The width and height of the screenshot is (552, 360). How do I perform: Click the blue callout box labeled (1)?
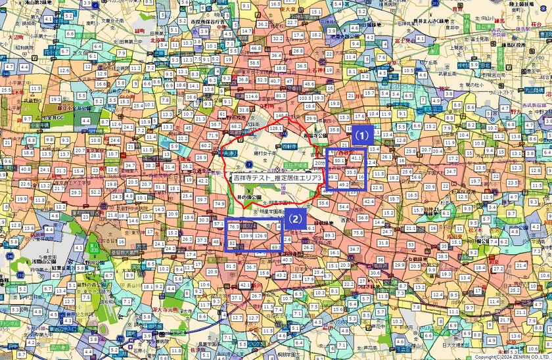click(x=361, y=135)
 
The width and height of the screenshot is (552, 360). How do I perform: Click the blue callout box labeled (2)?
click(x=295, y=219)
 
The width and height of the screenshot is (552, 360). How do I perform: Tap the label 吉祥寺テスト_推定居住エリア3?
click(x=277, y=178)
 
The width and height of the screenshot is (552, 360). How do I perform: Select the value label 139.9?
click(x=247, y=235)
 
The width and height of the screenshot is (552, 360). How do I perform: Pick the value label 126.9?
click(x=262, y=236)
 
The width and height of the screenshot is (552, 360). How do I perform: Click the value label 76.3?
click(x=234, y=227)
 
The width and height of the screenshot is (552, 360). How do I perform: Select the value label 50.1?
click(x=338, y=160)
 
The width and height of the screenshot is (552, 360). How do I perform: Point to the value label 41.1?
click(x=356, y=158)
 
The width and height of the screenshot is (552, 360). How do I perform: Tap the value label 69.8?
click(x=275, y=247)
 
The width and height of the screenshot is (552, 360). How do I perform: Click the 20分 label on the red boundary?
click(x=319, y=162)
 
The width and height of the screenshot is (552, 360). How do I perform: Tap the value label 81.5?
click(x=230, y=266)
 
